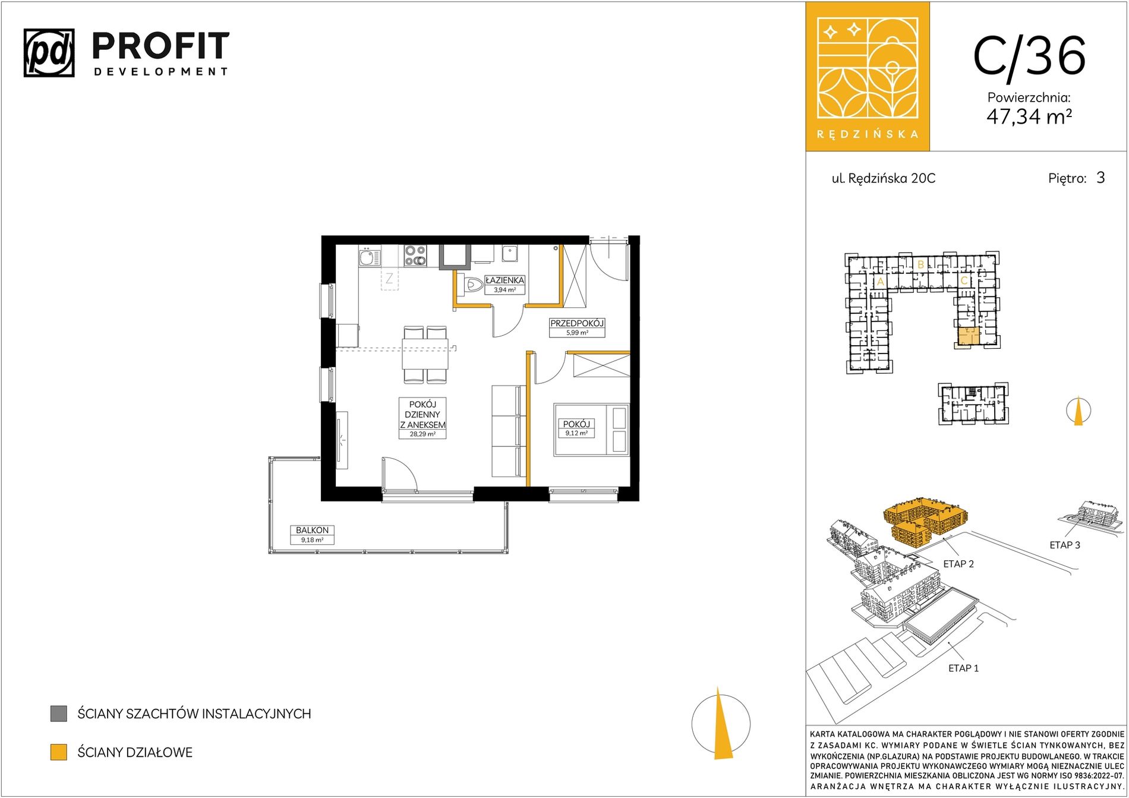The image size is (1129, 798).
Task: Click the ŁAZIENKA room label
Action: point(504,280)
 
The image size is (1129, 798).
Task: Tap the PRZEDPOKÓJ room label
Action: point(576,323)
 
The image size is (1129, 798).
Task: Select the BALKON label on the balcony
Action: point(312,530)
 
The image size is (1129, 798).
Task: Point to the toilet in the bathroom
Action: point(474,285)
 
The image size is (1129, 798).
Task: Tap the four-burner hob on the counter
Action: point(415,256)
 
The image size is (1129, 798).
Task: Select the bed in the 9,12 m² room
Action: point(591,430)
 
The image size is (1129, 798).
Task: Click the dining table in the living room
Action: point(425,354)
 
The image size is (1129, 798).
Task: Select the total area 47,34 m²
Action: point(1029,116)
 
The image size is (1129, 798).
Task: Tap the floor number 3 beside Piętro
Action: point(1100,178)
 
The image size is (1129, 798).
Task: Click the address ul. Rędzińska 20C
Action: point(883,178)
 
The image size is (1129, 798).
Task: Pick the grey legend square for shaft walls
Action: point(58,714)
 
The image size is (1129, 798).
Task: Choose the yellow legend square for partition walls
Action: point(58,752)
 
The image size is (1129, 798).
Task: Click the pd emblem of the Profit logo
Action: point(49,53)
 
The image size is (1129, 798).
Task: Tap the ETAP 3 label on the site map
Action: point(1065,545)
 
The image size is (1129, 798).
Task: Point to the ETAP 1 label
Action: point(963,668)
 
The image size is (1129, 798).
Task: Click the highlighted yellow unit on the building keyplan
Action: point(969,336)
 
